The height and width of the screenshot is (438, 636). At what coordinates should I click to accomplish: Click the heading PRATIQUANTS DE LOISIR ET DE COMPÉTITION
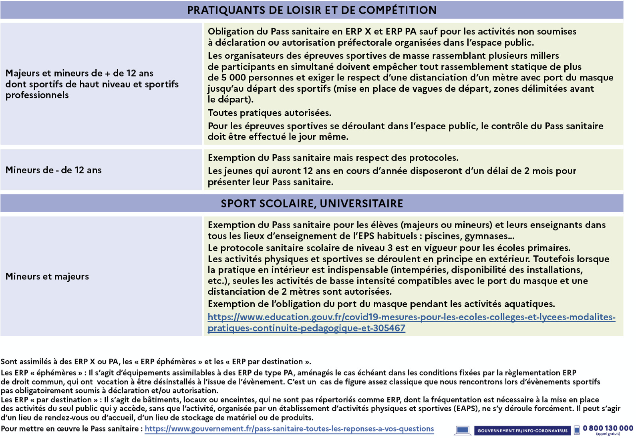[x=312, y=10]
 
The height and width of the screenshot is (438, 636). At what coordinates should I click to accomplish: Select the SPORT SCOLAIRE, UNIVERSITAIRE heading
[x=312, y=203]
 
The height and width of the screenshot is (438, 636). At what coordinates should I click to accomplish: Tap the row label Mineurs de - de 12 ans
[x=53, y=170]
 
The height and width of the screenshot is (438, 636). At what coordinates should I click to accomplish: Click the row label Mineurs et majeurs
[x=47, y=277]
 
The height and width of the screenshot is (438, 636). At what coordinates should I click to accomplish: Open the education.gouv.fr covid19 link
[x=411, y=317]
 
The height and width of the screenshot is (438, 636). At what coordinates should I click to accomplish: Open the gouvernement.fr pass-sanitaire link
[x=289, y=429]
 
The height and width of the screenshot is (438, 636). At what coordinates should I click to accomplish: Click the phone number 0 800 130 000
[x=608, y=428]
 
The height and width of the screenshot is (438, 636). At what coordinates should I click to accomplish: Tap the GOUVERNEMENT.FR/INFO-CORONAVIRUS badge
[x=522, y=431]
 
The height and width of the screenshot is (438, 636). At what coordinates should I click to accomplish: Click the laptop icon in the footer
[x=462, y=430]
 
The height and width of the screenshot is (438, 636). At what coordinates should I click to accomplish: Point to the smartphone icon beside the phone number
[x=577, y=430]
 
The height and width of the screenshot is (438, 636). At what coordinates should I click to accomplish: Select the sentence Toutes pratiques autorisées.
[x=269, y=113]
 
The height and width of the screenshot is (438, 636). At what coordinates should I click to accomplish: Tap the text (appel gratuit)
[x=608, y=434]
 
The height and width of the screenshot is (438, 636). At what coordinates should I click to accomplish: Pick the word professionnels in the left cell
[x=37, y=95]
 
